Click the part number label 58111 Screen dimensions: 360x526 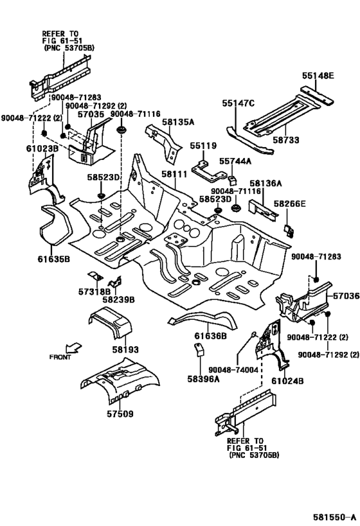click(x=174, y=174)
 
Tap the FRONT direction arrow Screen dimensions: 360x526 click(x=73, y=347)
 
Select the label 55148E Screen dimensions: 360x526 click(x=318, y=76)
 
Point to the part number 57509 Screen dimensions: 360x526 click(x=120, y=414)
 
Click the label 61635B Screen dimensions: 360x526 click(x=54, y=259)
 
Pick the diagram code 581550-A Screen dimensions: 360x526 click(x=334, y=516)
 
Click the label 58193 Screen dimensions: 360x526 click(x=125, y=349)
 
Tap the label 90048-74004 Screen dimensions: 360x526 click(x=233, y=370)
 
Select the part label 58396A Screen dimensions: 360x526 click(x=204, y=379)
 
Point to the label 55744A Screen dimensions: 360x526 click(x=235, y=161)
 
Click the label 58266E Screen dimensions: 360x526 click(x=289, y=204)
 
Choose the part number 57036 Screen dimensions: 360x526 click(x=346, y=296)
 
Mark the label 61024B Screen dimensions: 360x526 click(x=287, y=381)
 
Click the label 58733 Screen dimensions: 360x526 click(x=286, y=139)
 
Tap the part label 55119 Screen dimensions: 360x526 click(x=204, y=146)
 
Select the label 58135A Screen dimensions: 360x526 click(x=178, y=121)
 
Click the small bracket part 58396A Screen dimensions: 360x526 click(x=199, y=349)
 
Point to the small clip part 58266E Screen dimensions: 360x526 click(x=289, y=231)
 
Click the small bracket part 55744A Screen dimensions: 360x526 click(x=232, y=180)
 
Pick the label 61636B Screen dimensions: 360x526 click(x=211, y=335)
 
